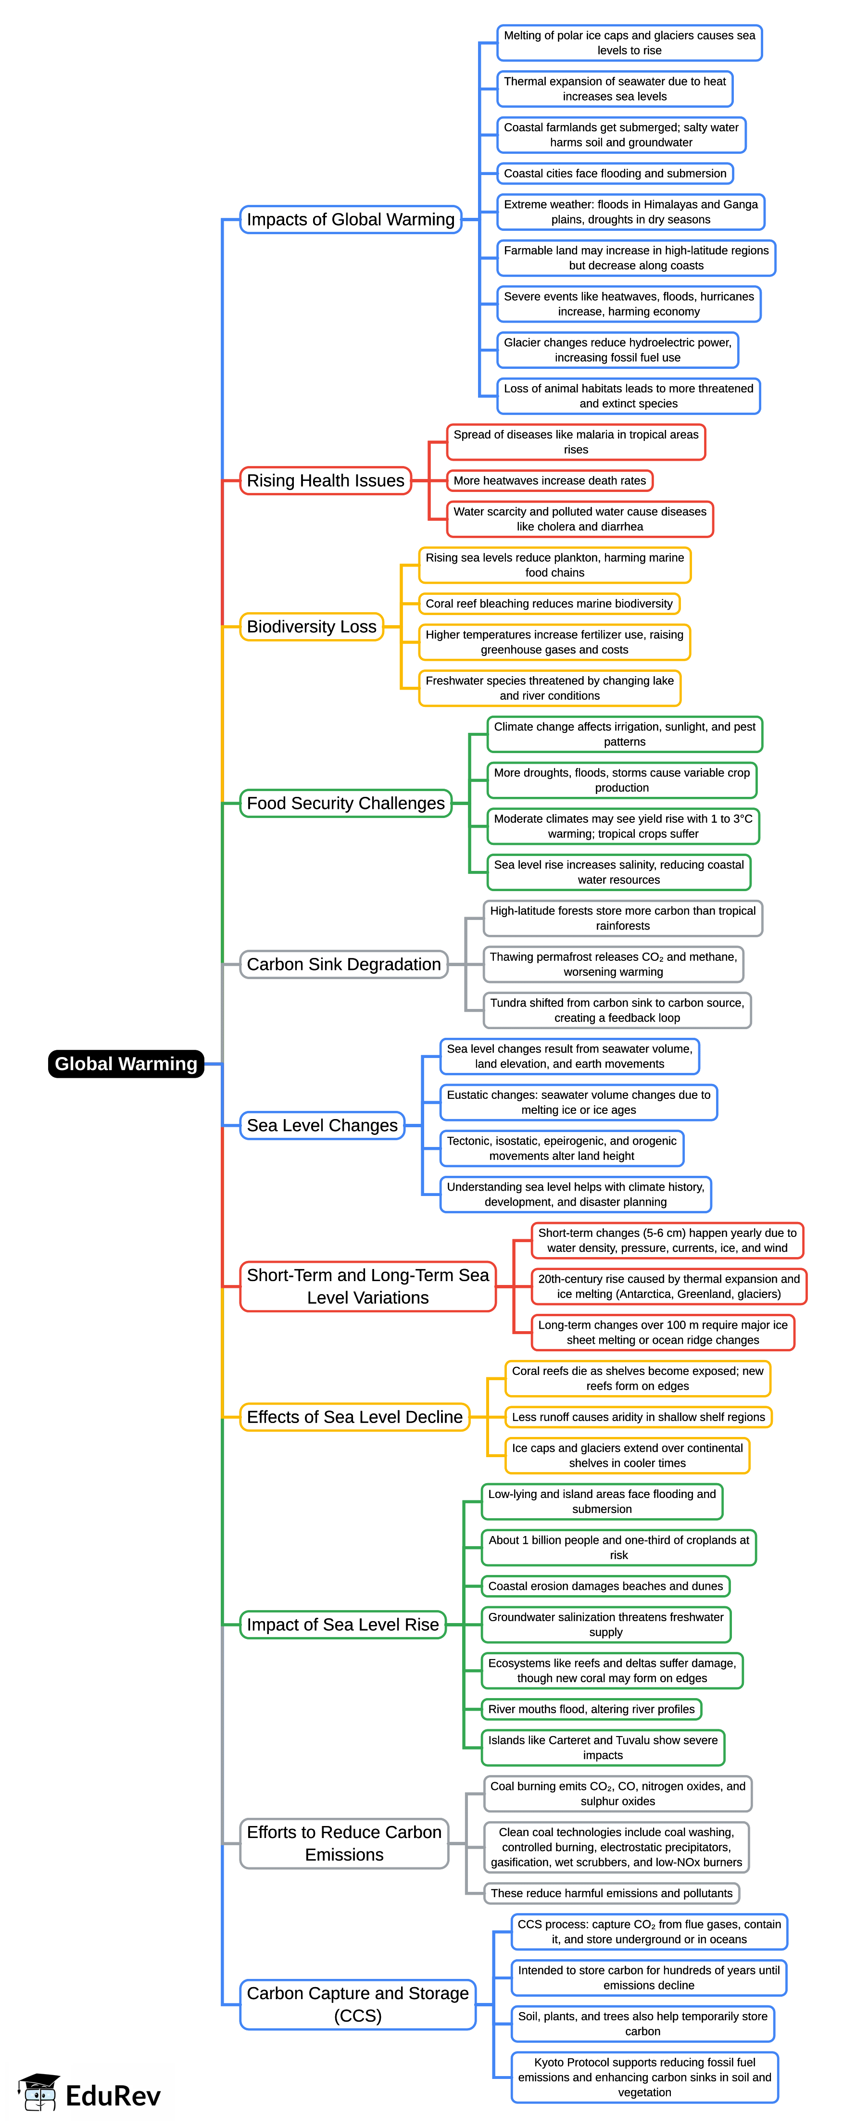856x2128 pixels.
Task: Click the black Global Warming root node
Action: (x=126, y=1063)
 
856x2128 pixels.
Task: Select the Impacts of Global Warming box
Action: (x=350, y=220)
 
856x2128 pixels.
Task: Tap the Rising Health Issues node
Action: (x=326, y=481)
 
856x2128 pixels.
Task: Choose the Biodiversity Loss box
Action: (x=312, y=627)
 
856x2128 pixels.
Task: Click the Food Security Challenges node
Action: (x=345, y=803)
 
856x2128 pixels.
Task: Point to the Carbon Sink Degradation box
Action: (x=344, y=964)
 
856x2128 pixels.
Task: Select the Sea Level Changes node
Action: (x=322, y=1125)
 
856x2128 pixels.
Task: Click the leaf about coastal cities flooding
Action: (x=615, y=174)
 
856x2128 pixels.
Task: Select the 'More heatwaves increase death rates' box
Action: (x=550, y=481)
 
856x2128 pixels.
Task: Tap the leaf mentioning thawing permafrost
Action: (x=613, y=964)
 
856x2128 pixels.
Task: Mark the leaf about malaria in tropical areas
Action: (x=576, y=442)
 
